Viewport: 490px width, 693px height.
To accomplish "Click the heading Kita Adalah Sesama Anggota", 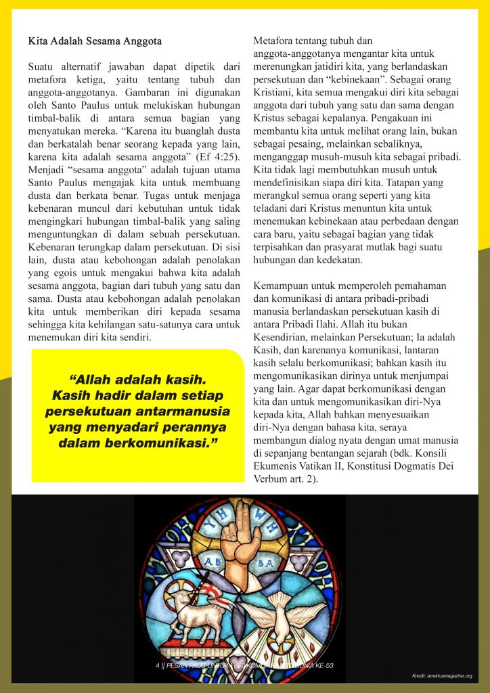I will click(x=95, y=41).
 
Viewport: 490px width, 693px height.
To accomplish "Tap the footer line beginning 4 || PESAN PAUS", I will click(x=244, y=665).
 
